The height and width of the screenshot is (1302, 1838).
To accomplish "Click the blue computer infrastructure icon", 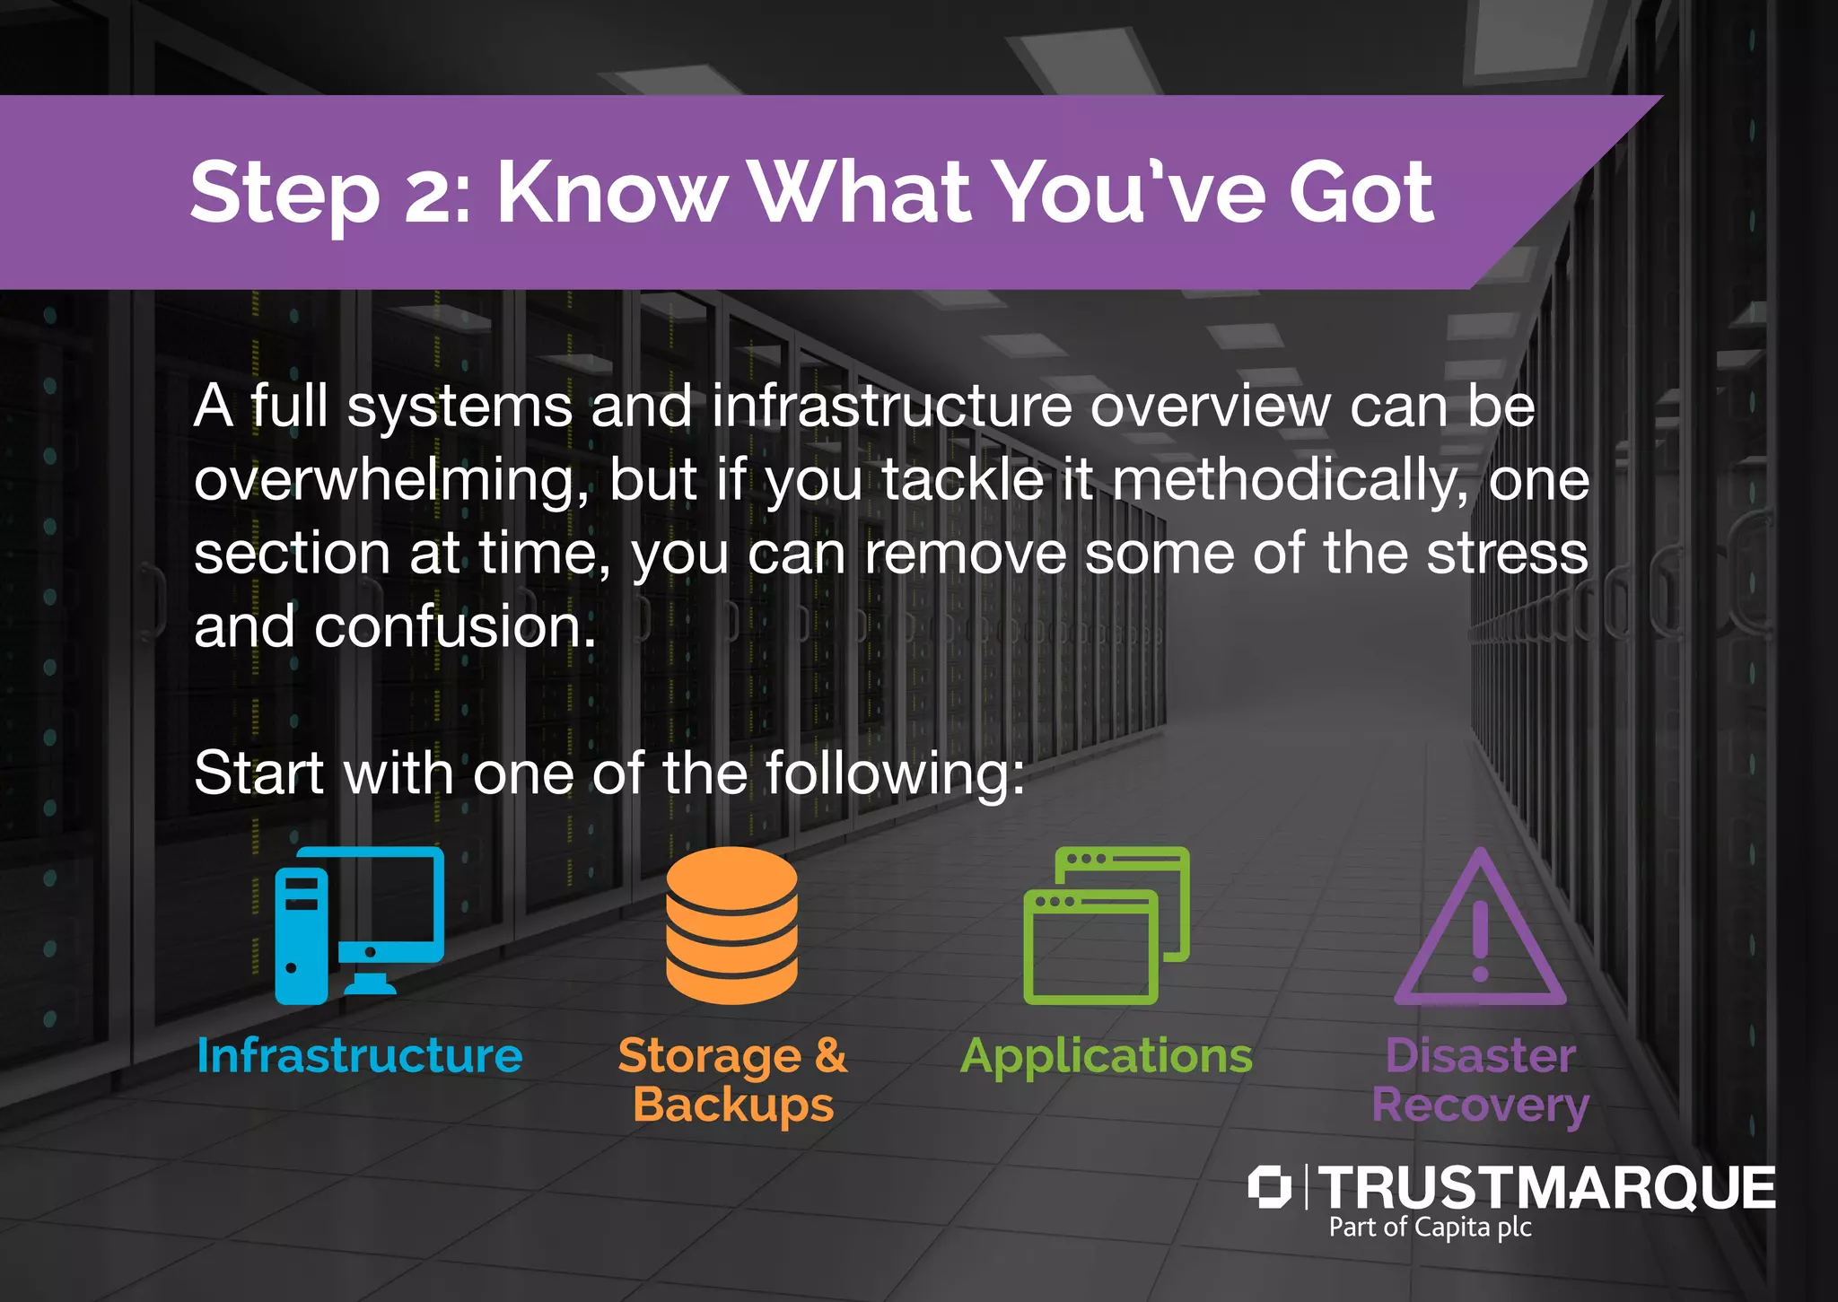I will click(359, 924).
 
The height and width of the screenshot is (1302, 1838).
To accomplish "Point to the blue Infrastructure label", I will click(359, 1055).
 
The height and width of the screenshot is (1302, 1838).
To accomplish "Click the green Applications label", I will click(1107, 1055).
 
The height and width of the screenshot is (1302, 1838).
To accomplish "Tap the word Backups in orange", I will click(733, 1105).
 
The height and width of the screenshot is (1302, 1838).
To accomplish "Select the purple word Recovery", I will click(1480, 1105).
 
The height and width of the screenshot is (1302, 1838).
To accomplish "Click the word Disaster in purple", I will click(1480, 1055).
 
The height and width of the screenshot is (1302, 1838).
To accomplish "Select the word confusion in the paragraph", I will click(455, 626).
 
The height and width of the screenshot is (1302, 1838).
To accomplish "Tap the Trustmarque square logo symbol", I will click(1269, 1187).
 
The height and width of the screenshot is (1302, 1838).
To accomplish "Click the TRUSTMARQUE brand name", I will click(1545, 1187).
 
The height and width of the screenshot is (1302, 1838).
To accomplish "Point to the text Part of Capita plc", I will click(1430, 1228).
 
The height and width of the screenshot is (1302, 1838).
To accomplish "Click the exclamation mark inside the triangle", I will click(1480, 942).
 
